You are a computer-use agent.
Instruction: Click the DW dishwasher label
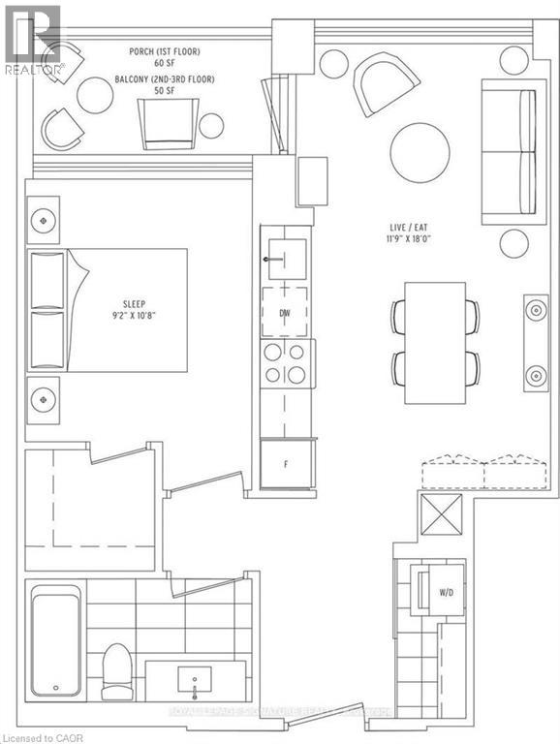(285, 315)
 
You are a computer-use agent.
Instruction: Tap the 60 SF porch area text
(152, 63)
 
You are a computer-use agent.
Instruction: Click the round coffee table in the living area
(420, 151)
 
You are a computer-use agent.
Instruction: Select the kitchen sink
(286, 259)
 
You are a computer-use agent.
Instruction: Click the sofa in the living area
(509, 152)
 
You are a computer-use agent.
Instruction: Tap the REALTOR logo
(33, 39)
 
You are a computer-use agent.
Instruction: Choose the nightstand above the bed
(42, 220)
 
